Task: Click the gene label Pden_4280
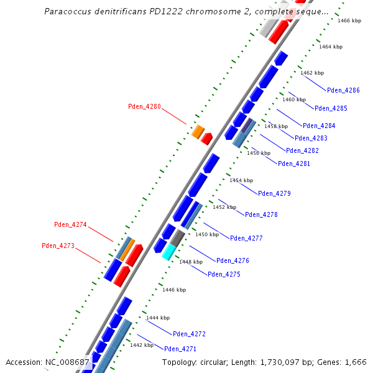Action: click(144, 106)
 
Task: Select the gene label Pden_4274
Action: click(70, 224)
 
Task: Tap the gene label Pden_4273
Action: click(58, 246)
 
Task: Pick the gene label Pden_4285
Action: click(331, 108)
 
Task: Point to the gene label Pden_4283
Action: click(311, 138)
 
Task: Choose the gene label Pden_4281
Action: click(294, 163)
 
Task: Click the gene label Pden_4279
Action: click(274, 193)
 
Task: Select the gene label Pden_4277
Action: click(246, 238)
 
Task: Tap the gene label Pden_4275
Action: click(224, 274)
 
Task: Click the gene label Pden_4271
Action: click(180, 349)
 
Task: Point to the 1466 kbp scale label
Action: click(349, 21)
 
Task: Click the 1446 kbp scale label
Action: click(174, 290)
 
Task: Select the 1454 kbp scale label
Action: click(241, 180)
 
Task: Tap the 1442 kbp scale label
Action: click(141, 344)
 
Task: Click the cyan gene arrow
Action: click(168, 251)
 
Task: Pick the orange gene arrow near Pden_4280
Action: click(198, 132)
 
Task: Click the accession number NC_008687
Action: click(68, 362)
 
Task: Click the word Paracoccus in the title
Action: click(68, 12)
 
